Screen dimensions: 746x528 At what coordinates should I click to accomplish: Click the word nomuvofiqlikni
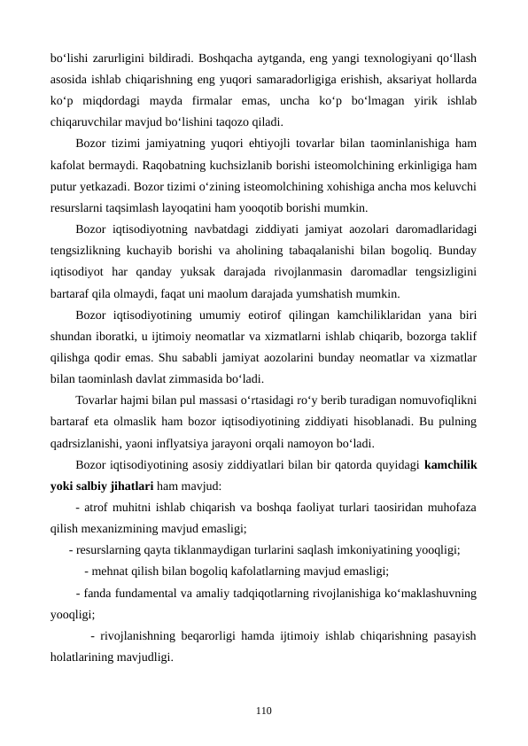click(435, 400)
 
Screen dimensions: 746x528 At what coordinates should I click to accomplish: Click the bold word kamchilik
click(451, 463)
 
